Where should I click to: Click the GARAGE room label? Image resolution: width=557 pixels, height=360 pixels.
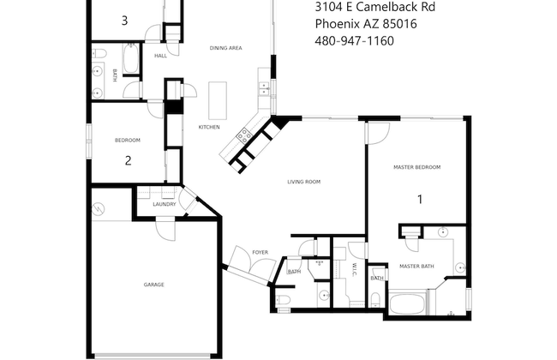(x=154, y=285)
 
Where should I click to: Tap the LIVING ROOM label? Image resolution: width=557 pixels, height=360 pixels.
(x=303, y=182)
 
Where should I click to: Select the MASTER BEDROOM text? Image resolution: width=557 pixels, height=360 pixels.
(x=416, y=167)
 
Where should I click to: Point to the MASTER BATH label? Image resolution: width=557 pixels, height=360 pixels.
(x=416, y=267)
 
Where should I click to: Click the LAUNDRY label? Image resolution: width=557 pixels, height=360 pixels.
(x=165, y=204)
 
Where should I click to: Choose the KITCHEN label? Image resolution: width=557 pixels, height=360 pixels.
(x=209, y=127)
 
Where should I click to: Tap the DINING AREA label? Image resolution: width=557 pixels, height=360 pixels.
(x=225, y=48)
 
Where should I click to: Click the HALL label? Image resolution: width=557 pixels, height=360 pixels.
(x=160, y=56)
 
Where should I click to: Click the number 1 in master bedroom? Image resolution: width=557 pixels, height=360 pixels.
(x=420, y=200)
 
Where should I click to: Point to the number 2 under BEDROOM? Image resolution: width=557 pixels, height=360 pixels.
(x=128, y=159)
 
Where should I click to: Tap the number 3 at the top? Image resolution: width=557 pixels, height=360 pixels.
(x=125, y=20)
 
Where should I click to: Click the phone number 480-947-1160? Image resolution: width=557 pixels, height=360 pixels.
(x=354, y=40)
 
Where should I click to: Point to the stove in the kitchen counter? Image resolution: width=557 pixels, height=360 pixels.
(x=243, y=135)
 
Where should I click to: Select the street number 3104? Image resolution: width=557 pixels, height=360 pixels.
(x=329, y=8)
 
